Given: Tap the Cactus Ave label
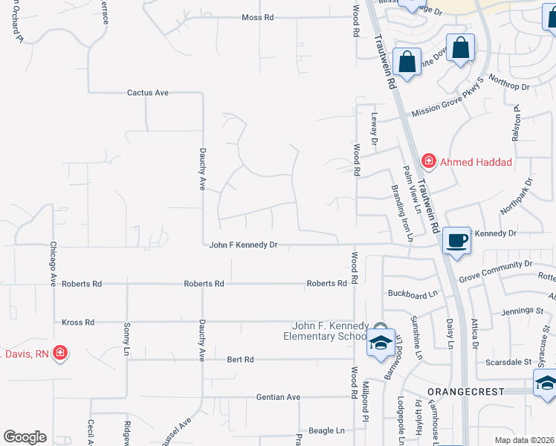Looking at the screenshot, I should pos(148,93).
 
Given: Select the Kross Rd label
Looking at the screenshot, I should pos(78,323).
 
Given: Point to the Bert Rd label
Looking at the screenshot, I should pos(240,359).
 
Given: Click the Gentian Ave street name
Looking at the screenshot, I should pos(278,397).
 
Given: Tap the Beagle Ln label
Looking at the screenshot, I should pos(327,430).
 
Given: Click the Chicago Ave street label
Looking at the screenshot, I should pos(54,264).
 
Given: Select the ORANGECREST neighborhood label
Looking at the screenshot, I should pos(466,391).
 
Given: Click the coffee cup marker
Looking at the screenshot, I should pos(457,240).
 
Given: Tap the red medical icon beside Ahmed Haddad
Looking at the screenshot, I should pos(428,161).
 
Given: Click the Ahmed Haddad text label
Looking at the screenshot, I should pos(476,162).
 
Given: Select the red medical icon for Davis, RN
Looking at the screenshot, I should pos(59,352).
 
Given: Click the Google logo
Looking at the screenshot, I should pos(25,437).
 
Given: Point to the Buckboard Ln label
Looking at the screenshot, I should pos(413,294).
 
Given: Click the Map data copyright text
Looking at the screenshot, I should pos(524,440).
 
